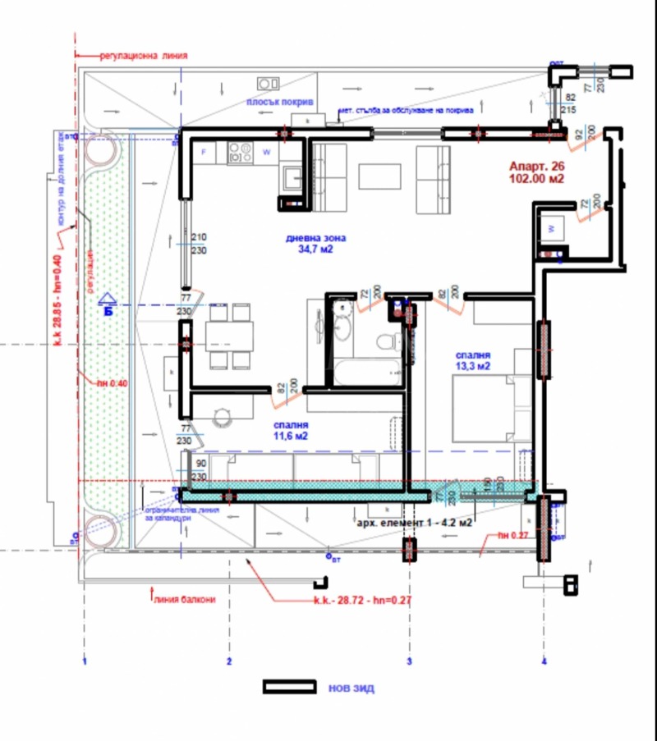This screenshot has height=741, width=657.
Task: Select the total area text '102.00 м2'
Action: pyautogui.click(x=537, y=178)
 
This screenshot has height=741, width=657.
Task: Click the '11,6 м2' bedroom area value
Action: pyautogui.click(x=291, y=437)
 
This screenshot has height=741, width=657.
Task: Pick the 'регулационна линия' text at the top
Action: pyautogui.click(x=144, y=57)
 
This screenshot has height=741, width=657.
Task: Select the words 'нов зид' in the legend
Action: pyautogui.click(x=351, y=688)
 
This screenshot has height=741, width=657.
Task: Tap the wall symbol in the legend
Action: pyautogui.click(x=289, y=687)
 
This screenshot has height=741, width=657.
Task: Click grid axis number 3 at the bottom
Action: pyautogui.click(x=409, y=661)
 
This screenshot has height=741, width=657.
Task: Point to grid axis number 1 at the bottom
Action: pyautogui.click(x=85, y=661)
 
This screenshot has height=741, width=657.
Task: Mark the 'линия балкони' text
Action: pyautogui.click(x=184, y=600)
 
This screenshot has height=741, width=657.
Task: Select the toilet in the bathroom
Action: pyautogui.click(x=385, y=340)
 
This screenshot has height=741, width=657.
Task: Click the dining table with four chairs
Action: pyautogui.click(x=227, y=335)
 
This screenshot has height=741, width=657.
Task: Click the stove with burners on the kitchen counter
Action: pyautogui.click(x=239, y=151)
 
